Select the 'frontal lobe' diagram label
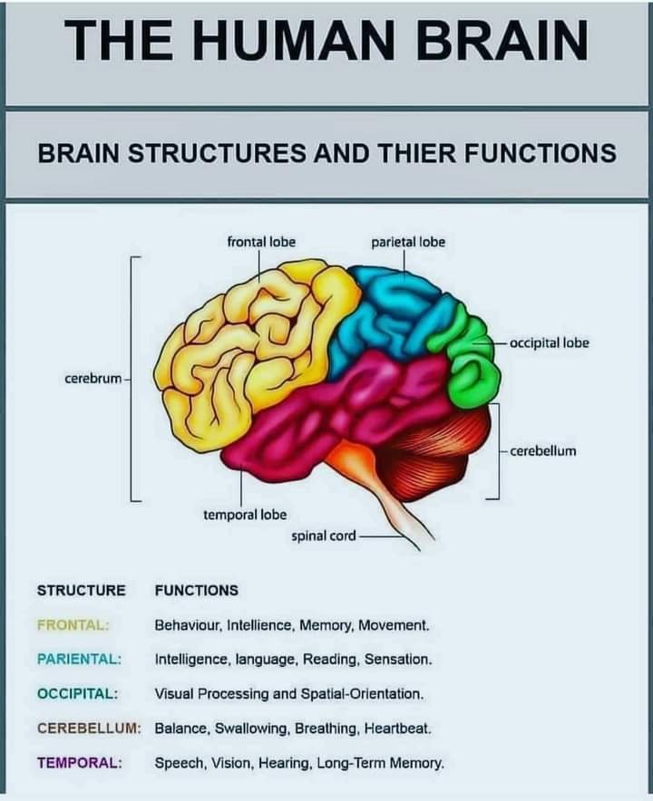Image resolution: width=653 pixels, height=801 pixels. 261,242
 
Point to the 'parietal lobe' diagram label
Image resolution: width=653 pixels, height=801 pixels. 408,242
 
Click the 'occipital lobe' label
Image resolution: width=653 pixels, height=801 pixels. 550,343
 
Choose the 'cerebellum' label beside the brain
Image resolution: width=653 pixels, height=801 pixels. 543,450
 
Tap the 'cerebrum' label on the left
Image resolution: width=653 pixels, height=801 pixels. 93,377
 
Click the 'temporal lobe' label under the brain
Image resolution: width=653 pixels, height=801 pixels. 245,515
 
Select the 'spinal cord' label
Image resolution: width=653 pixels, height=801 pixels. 324,536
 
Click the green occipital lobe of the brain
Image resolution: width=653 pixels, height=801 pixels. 474,362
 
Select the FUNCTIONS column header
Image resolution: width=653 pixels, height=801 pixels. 197,590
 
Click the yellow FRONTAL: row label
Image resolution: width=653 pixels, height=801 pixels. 73,624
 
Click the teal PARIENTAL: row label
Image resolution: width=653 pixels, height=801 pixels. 80,659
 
